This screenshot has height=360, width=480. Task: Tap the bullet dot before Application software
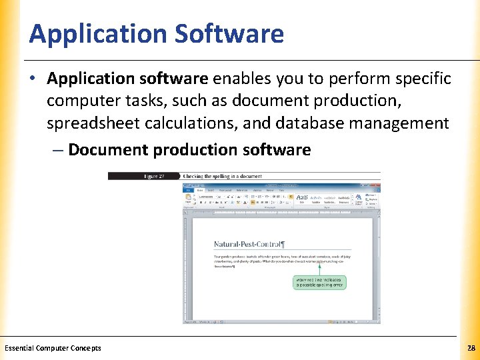tap(33, 79)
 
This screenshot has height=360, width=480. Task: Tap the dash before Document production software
tap(57, 150)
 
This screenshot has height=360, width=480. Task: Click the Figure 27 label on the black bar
tap(154, 176)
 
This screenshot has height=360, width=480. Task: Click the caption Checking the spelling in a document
tap(223, 176)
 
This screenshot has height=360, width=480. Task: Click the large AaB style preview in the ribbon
tap(302, 198)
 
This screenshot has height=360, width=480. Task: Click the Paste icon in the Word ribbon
tap(188, 199)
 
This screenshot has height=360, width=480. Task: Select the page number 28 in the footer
tap(471, 348)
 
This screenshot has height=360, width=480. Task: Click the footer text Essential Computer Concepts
tap(53, 348)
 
